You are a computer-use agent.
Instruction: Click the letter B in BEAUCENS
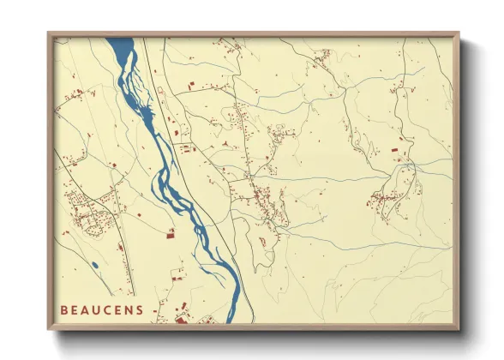(63, 309)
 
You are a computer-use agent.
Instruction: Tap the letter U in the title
(97, 309)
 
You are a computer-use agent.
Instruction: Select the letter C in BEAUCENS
(109, 309)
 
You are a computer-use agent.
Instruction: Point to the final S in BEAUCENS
(141, 309)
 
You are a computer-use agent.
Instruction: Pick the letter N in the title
(130, 309)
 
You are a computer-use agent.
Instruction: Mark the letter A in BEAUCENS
(86, 309)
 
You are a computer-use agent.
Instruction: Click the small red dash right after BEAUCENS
(154, 310)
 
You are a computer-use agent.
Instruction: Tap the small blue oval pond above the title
(93, 265)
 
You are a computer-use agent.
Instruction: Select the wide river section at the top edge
(120, 45)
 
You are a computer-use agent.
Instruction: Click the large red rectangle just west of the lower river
(170, 235)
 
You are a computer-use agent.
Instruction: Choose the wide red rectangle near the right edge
(395, 150)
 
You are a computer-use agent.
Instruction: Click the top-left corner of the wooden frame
(49, 33)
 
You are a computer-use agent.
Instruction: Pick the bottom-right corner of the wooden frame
(458, 329)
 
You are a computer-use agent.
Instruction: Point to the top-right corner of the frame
(458, 33)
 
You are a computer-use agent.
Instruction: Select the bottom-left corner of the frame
(49, 329)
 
